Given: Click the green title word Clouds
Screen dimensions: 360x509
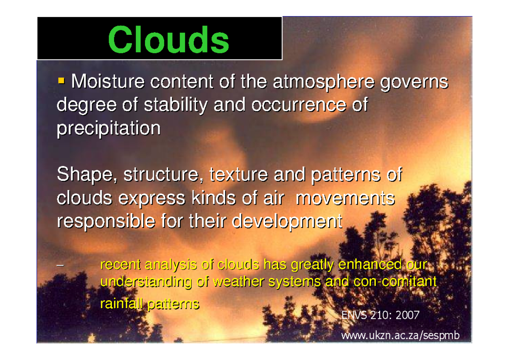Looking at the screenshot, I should [169, 39].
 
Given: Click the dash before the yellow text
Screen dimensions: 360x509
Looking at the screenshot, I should [59, 266].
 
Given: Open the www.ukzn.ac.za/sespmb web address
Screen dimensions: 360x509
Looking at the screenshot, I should [400, 336].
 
